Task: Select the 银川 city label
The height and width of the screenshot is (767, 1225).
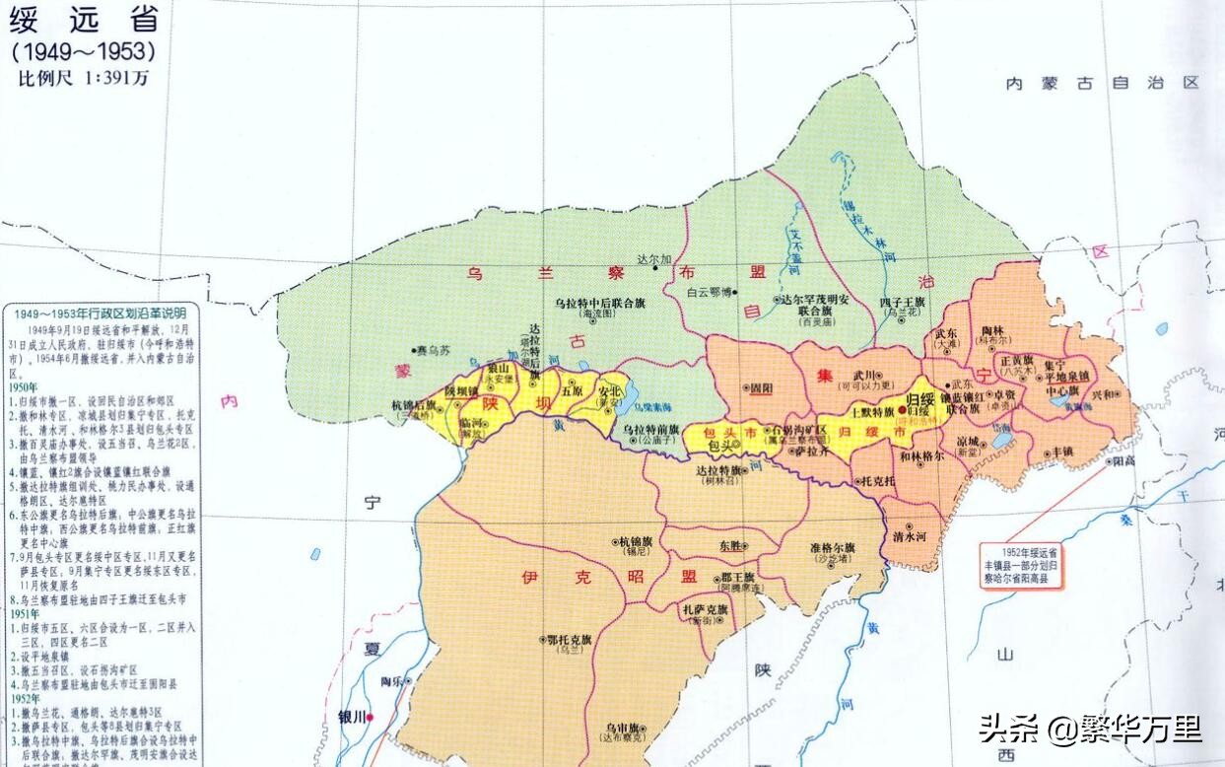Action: click(x=352, y=717)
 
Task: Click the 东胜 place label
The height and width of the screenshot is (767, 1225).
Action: click(x=732, y=545)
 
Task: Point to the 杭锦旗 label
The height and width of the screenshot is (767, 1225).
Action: click(x=635, y=541)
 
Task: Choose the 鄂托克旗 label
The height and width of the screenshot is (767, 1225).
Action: click(x=569, y=639)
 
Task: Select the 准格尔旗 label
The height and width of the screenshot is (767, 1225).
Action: click(x=832, y=547)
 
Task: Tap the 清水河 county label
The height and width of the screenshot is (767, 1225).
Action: click(x=909, y=536)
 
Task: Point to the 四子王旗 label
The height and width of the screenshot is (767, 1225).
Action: click(x=902, y=301)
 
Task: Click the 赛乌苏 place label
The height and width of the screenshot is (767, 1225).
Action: click(x=435, y=350)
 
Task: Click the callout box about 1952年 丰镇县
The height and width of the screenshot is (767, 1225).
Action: click(x=1025, y=565)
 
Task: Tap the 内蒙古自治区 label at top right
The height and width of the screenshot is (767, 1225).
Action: click(x=1102, y=84)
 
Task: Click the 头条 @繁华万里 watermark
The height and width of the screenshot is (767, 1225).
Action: click(x=1089, y=730)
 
